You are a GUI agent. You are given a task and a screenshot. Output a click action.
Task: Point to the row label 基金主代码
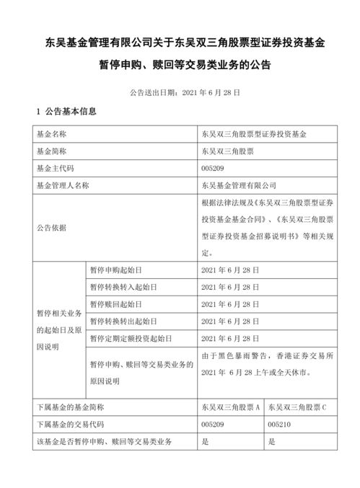54,168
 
